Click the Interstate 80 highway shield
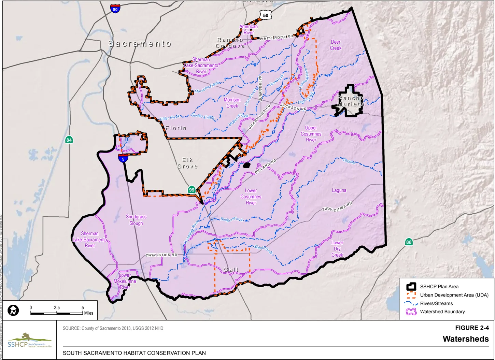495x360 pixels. (x=115, y=9)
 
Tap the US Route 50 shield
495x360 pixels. (x=265, y=15)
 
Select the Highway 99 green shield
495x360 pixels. (x=192, y=190)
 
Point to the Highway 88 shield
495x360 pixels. (x=409, y=242)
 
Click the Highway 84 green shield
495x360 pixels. (x=69, y=140)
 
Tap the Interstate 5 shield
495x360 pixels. (x=123, y=158)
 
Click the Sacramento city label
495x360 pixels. (x=140, y=44)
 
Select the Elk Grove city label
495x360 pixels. (x=187, y=163)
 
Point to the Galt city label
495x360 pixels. (x=231, y=270)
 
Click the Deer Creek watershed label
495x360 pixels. (x=336, y=45)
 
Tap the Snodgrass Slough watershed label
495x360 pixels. (x=136, y=220)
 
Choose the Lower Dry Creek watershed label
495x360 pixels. (x=337, y=249)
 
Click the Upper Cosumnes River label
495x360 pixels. (x=311, y=134)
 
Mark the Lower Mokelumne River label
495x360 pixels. (x=125, y=281)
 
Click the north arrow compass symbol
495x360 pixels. (x=13, y=310)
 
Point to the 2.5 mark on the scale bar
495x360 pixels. (x=57, y=308)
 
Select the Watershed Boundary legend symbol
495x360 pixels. (x=411, y=312)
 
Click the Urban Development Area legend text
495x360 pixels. (x=454, y=295)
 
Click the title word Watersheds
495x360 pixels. (x=466, y=339)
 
